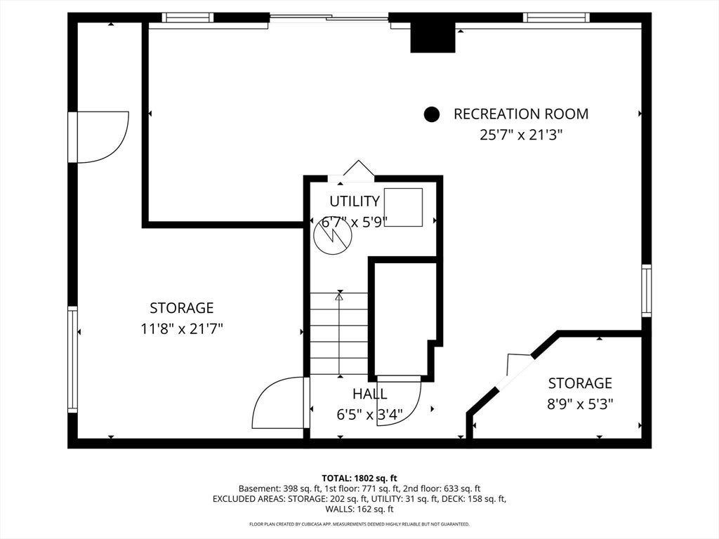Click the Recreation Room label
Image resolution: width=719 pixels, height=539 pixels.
tap(521, 114)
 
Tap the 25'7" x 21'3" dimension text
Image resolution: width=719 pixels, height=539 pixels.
tap(521, 135)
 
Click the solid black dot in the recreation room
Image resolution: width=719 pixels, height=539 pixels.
tap(432, 114)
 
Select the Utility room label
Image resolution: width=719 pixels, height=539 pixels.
tap(355, 201)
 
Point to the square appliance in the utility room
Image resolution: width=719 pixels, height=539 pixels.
tap(403, 207)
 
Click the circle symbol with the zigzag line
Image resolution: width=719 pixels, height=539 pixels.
tap(332, 236)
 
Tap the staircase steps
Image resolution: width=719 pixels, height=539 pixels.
tap(339, 333)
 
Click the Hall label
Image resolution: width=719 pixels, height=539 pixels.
tap(369, 394)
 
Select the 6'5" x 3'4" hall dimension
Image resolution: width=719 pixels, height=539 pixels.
tap(369, 415)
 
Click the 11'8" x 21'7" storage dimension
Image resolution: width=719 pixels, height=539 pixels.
tap(182, 328)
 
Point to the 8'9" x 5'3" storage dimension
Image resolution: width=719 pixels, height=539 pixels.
tap(580, 404)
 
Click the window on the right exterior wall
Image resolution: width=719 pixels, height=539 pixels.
tap(647, 291)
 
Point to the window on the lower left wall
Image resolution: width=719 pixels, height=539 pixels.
tap(72, 359)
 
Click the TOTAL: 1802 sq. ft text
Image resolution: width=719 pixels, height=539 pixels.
tap(359, 479)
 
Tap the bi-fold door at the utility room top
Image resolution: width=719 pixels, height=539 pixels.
tap(358, 168)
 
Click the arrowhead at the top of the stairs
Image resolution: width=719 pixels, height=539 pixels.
tap(339, 297)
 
